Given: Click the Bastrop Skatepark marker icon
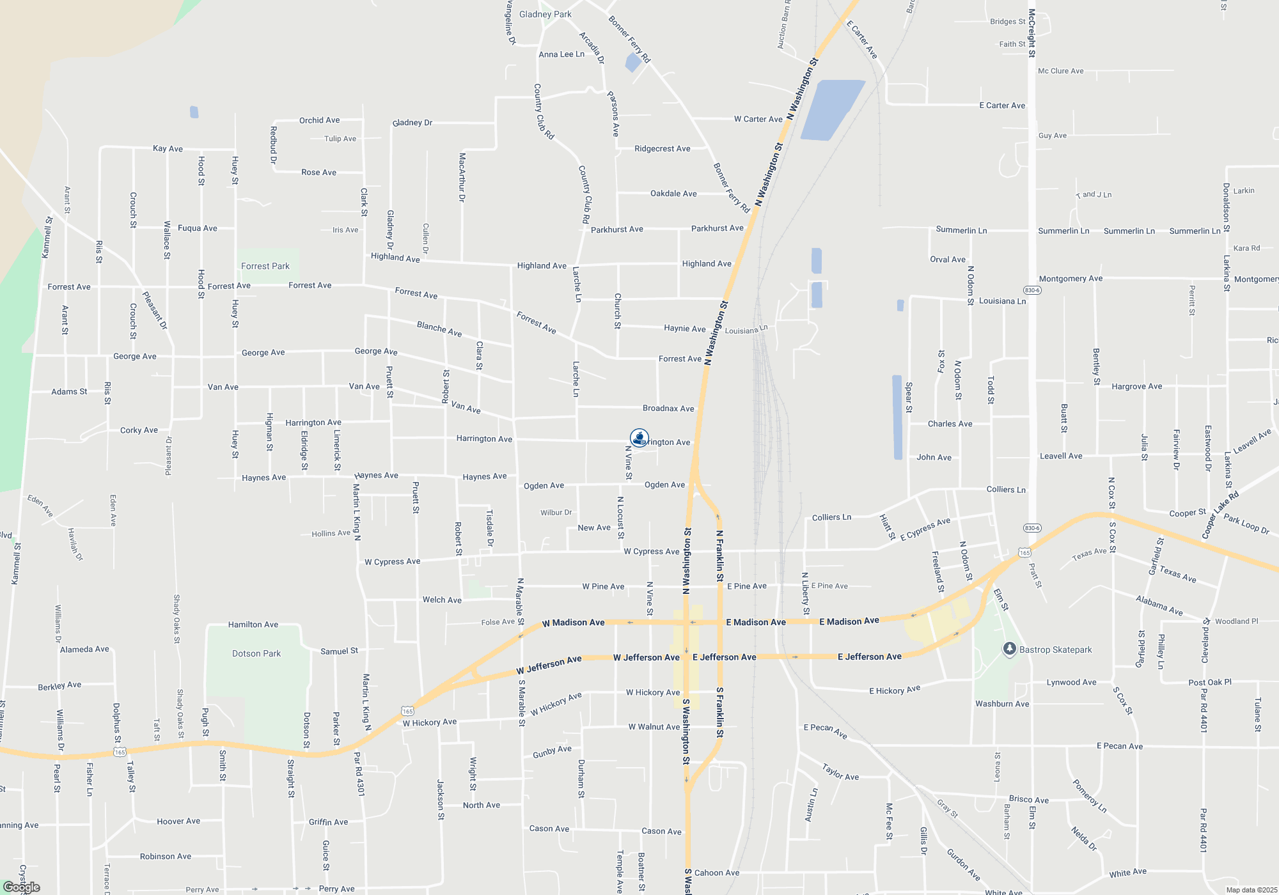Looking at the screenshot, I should [1009, 649].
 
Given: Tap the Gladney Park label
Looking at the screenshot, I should [545, 14].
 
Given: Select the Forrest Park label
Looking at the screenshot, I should [265, 266].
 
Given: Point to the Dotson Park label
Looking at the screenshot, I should [256, 653].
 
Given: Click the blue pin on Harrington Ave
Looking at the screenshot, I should [639, 438].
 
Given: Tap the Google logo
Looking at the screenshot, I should [21, 887].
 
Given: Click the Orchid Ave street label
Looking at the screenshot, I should [319, 120].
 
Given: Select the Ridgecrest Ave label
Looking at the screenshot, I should [662, 149].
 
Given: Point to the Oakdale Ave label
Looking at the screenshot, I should [673, 194].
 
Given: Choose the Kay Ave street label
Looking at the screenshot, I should [168, 149].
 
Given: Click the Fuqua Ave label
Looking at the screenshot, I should [197, 228].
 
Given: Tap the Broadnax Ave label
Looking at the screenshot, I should [668, 409].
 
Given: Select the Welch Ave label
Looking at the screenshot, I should [441, 600].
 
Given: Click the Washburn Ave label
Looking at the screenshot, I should [1001, 704].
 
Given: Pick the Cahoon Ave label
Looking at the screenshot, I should [716, 873].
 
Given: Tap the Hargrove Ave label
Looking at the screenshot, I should [1136, 387].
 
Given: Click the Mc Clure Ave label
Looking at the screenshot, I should [1060, 71].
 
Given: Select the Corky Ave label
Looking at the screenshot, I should [139, 430].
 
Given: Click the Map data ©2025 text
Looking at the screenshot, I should [1251, 890].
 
